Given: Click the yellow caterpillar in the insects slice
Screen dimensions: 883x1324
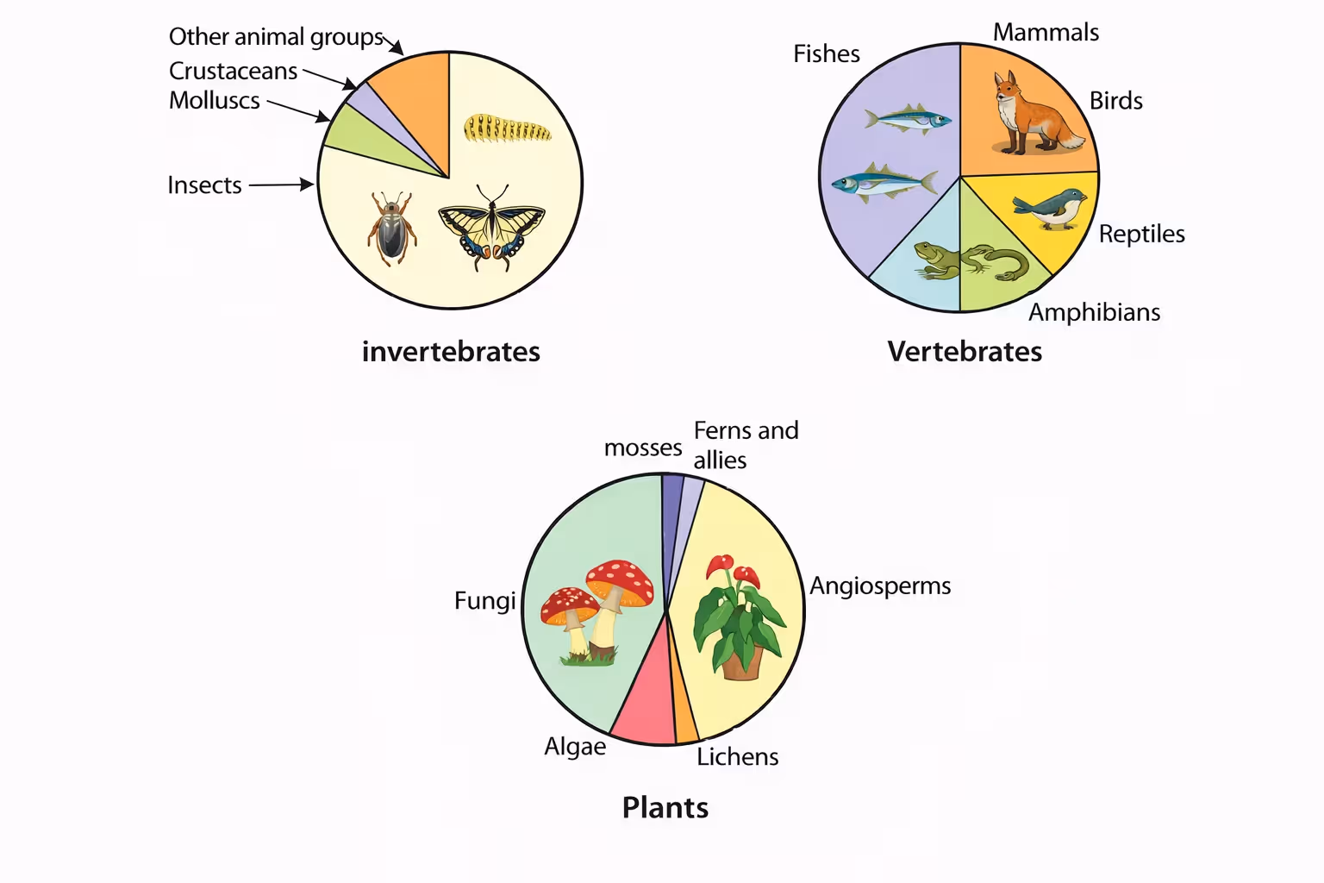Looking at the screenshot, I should pos(507,128).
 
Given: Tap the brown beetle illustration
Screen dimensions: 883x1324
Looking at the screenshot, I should pos(392,229).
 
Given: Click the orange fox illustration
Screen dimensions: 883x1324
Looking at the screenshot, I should pos(1031,116).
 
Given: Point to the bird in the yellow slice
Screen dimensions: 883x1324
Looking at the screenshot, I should pos(1052,208).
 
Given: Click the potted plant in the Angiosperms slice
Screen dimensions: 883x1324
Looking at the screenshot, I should pos(740,617).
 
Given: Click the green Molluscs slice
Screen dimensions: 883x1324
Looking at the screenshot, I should pos(362,138).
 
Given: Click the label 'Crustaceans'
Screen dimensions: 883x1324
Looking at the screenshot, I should pos(233,71).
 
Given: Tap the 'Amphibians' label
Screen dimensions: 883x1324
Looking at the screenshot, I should pos(1094,312).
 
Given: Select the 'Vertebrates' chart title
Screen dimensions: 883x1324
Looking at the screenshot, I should pos(965,352).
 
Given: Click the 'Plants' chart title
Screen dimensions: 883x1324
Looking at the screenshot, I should pos(665,808).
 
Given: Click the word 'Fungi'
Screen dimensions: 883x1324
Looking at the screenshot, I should pos(484,601).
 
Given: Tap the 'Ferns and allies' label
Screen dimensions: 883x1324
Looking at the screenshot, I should pos(746,445).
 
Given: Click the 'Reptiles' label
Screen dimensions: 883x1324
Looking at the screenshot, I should pos(1141,235).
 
